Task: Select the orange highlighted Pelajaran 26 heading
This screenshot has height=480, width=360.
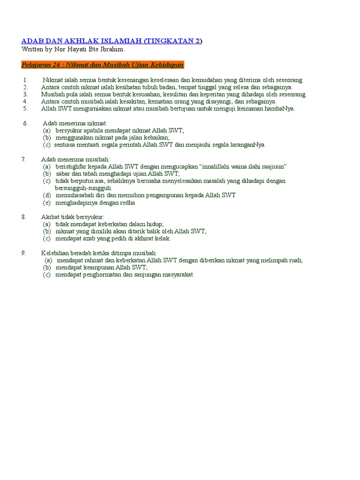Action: pos(103,64)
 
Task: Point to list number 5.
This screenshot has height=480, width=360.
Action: pos(25,108)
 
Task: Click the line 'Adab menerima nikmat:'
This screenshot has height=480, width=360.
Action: pos(75,123)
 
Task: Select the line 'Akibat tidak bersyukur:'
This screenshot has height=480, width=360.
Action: pos(72,217)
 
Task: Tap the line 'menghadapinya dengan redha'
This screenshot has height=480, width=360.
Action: pos(95,202)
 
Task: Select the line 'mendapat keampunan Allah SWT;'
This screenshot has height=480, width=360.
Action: pos(101,267)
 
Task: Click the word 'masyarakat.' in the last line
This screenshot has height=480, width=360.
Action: pos(177,275)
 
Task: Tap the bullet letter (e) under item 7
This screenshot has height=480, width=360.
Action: pos(46,202)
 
